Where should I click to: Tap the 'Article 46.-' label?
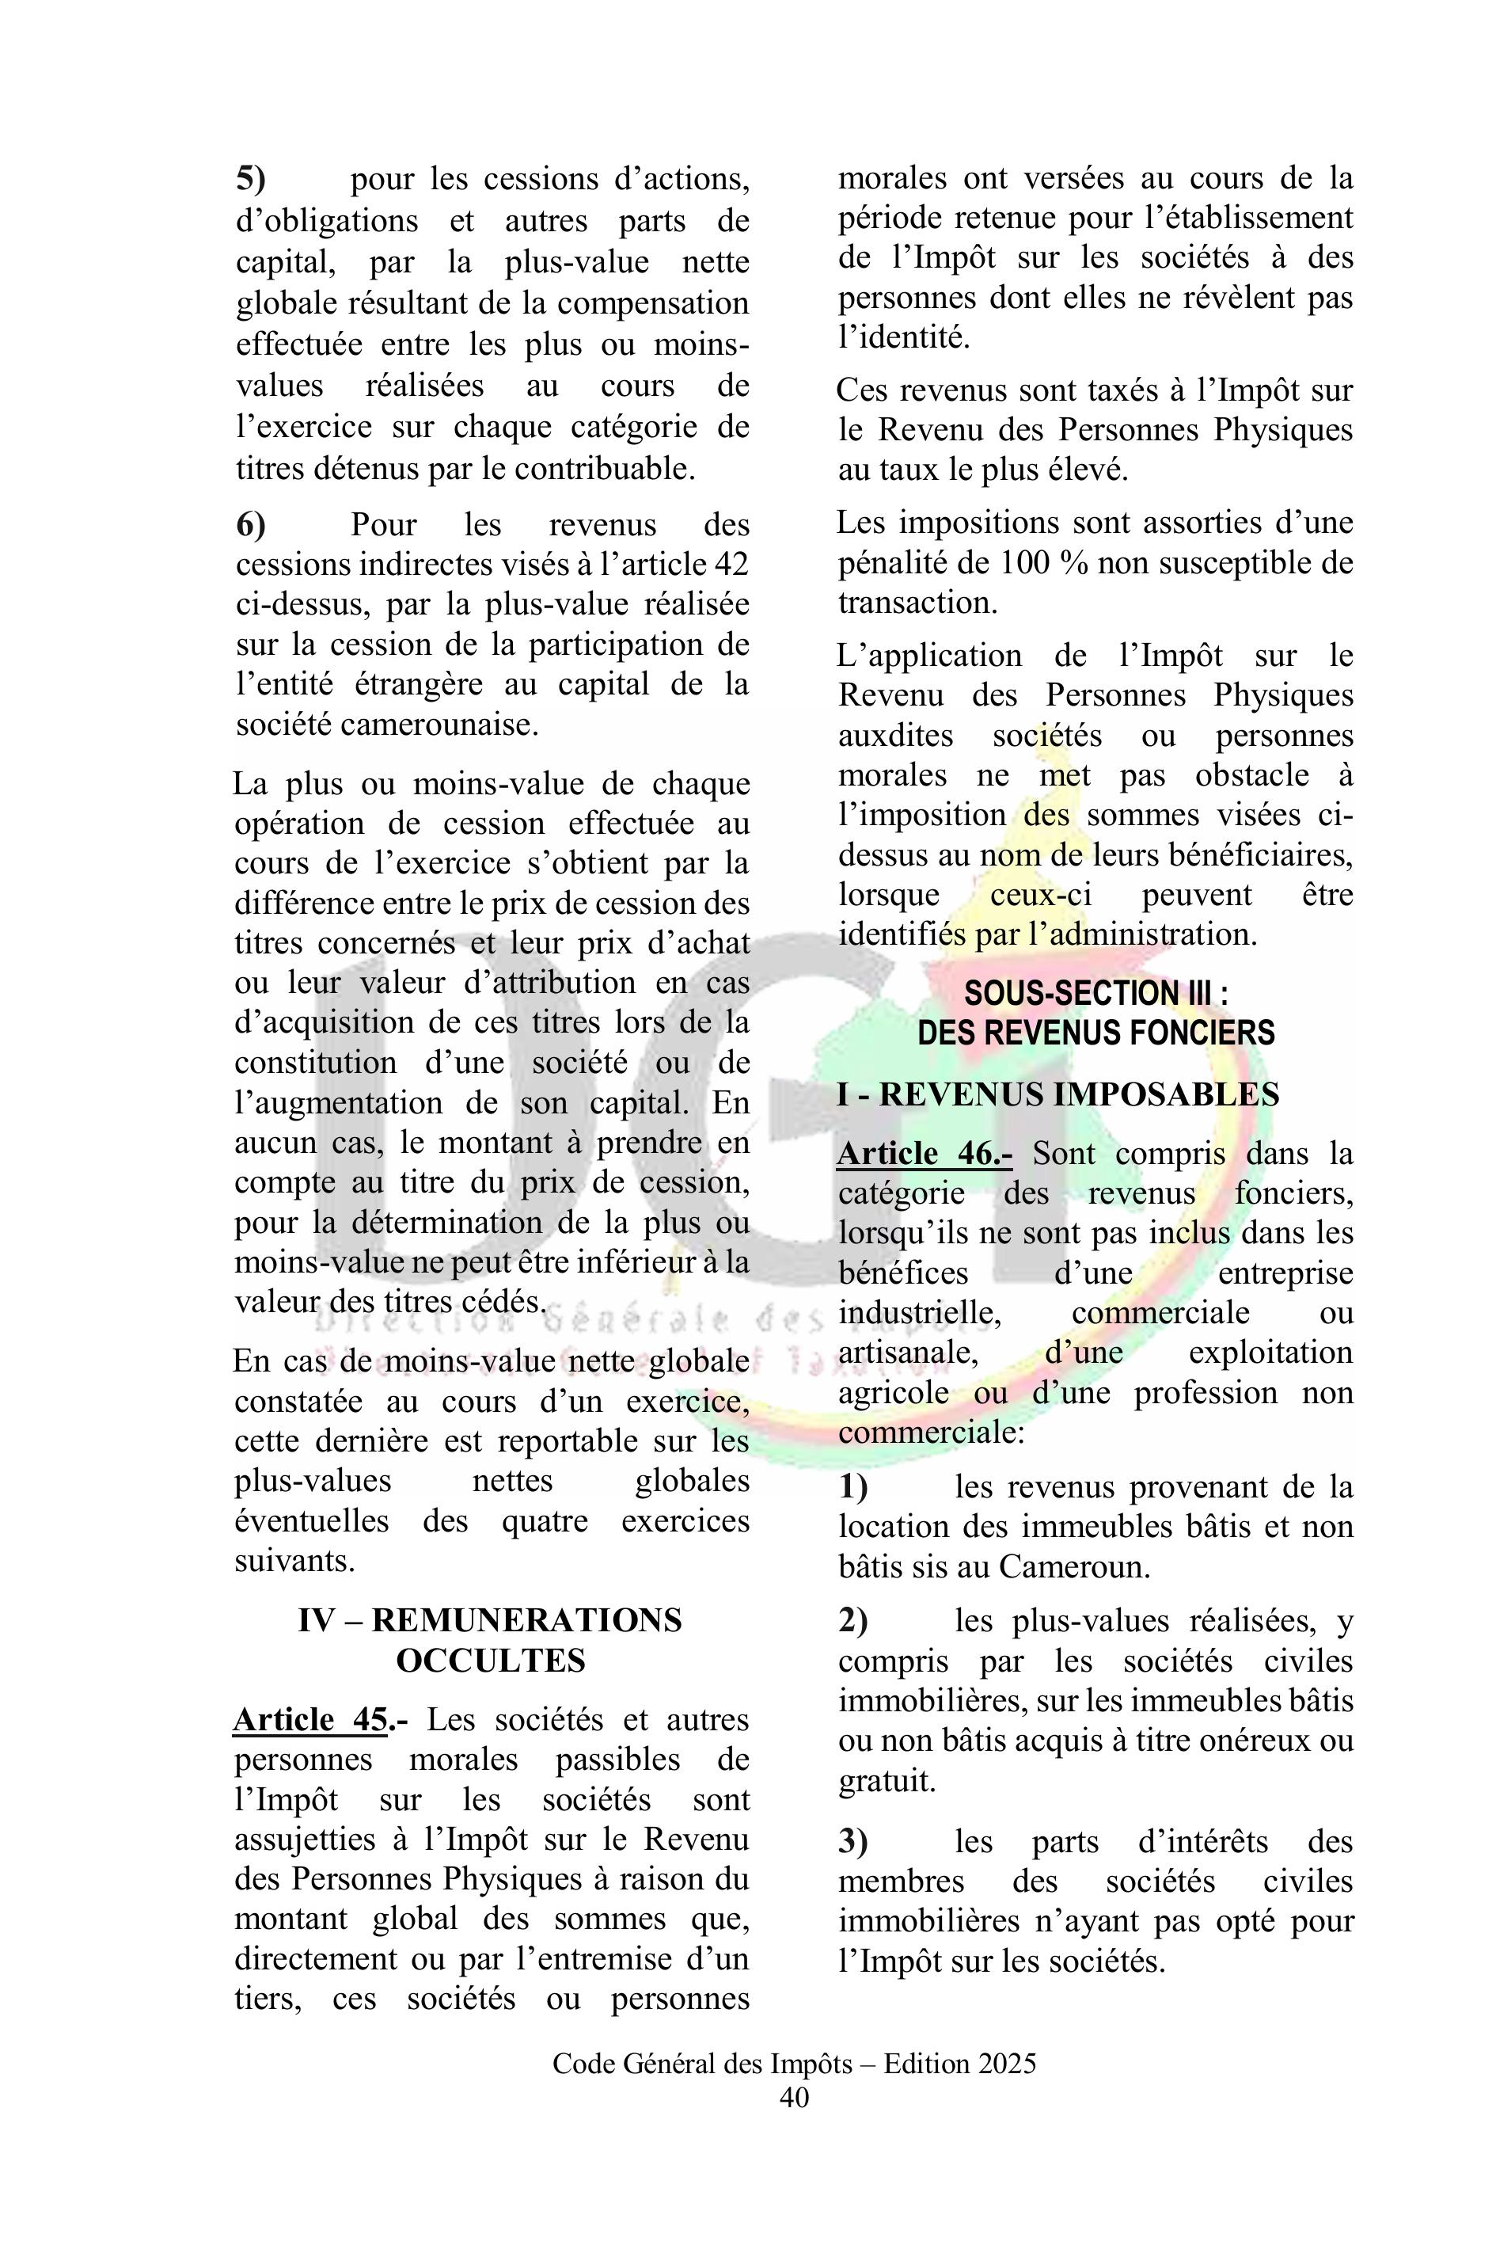pyautogui.click(x=924, y=1153)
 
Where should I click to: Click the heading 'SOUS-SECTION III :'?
pyautogui.click(x=1095, y=993)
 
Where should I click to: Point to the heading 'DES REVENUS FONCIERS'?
pyautogui.click(x=1095, y=1033)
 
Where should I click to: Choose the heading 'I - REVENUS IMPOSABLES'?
pyautogui.click(x=1057, y=1094)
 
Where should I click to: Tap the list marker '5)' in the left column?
pyautogui.click(x=251, y=178)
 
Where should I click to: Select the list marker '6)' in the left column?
pyautogui.click(x=251, y=524)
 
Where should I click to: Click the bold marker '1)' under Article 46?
pyautogui.click(x=853, y=1486)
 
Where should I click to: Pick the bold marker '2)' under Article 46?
pyautogui.click(x=853, y=1619)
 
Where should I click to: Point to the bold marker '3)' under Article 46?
pyautogui.click(x=853, y=1841)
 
